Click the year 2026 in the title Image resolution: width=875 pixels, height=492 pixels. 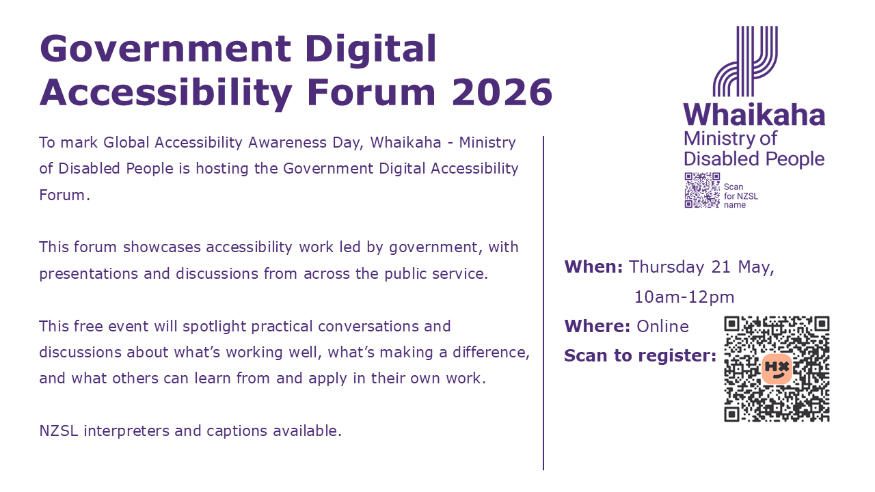tap(502, 92)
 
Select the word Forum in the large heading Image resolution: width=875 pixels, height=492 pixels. tap(371, 92)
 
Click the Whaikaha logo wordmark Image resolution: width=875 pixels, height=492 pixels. tap(754, 115)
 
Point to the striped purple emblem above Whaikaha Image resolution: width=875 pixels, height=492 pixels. tap(745, 61)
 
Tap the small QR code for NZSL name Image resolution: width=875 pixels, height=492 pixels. tap(702, 190)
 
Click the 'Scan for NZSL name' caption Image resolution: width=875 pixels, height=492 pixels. tap(740, 195)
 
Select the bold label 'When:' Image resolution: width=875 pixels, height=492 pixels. tap(593, 266)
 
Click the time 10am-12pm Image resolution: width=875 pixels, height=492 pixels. tap(684, 297)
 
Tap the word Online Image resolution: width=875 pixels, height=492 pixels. tap(662, 327)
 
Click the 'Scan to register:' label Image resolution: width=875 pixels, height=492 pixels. tap(641, 356)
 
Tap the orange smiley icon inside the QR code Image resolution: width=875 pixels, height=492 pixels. tap(777, 369)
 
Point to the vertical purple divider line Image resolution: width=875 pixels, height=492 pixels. tap(543, 303)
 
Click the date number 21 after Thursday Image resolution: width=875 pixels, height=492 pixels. tap(721, 267)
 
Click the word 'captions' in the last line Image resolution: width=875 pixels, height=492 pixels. tap(237, 431)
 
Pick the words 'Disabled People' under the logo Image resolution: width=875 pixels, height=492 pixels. tap(754, 159)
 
